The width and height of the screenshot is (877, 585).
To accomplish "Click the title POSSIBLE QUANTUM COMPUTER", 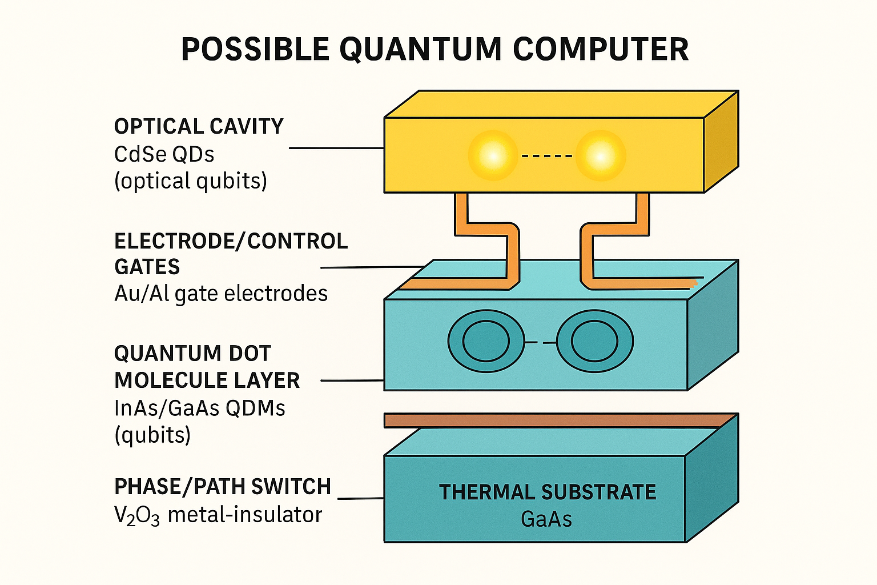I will click(x=435, y=49).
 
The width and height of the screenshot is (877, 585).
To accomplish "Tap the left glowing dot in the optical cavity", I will click(x=492, y=155).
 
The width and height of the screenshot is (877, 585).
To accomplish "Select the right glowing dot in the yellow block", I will click(x=600, y=155).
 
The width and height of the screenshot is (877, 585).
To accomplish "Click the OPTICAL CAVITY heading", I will click(x=199, y=126).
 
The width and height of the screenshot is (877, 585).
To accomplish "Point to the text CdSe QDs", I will click(x=164, y=154).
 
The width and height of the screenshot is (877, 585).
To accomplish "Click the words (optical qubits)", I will click(x=191, y=181).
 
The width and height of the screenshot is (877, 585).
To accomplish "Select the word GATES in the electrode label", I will click(x=147, y=267).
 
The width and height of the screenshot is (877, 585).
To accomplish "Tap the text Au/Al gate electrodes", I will click(x=221, y=294).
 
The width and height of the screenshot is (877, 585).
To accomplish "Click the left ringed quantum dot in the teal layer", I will click(x=486, y=342).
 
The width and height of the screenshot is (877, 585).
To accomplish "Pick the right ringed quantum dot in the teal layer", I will click(x=594, y=342).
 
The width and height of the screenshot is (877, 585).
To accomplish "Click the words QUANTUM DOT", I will click(x=192, y=354).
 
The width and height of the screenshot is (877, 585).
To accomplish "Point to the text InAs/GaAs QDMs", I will click(x=200, y=408).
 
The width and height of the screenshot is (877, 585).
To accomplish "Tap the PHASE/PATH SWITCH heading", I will click(x=223, y=487).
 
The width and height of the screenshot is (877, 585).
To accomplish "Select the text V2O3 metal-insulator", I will click(x=218, y=515).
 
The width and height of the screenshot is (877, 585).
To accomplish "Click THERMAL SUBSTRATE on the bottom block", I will click(x=548, y=492).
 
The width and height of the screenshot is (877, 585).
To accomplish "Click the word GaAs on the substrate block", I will click(x=546, y=519).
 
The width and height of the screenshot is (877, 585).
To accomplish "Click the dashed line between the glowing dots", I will click(x=546, y=155).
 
